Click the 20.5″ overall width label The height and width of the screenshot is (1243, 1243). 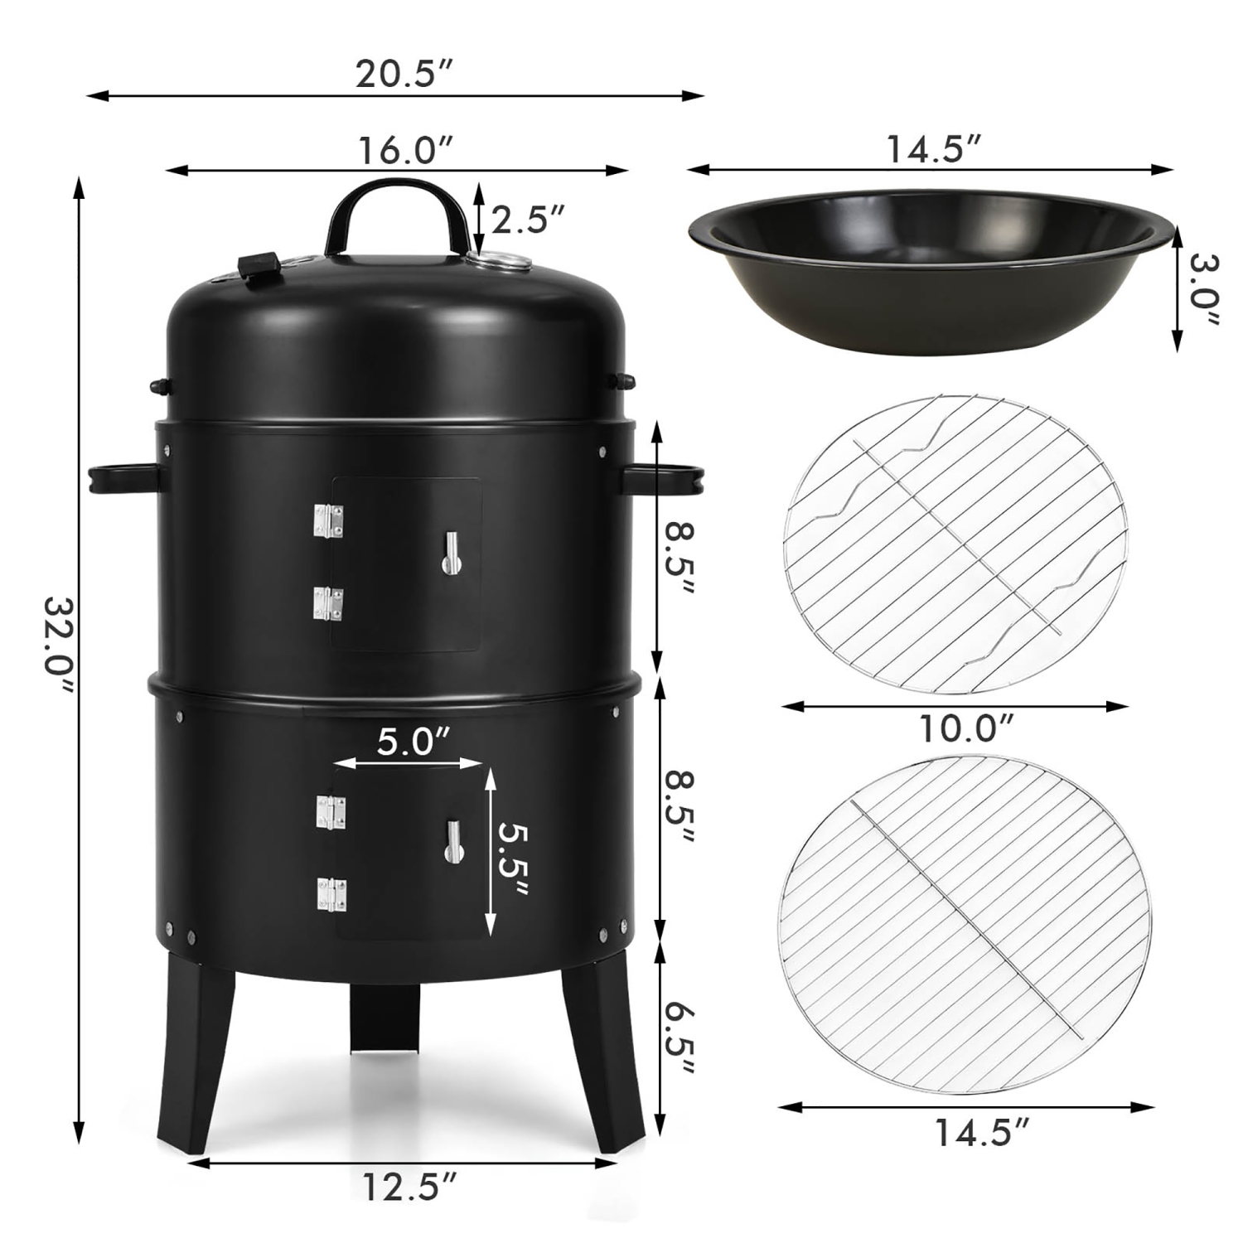(x=395, y=75)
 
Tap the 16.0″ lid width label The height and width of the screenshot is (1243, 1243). (x=395, y=151)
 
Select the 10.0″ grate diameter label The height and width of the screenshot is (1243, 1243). (x=966, y=728)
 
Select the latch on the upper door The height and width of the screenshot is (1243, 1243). (x=450, y=553)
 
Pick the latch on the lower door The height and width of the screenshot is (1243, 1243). (x=453, y=842)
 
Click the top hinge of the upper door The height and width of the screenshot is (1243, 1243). (x=328, y=522)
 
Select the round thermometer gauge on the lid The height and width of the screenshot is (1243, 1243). (x=499, y=262)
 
